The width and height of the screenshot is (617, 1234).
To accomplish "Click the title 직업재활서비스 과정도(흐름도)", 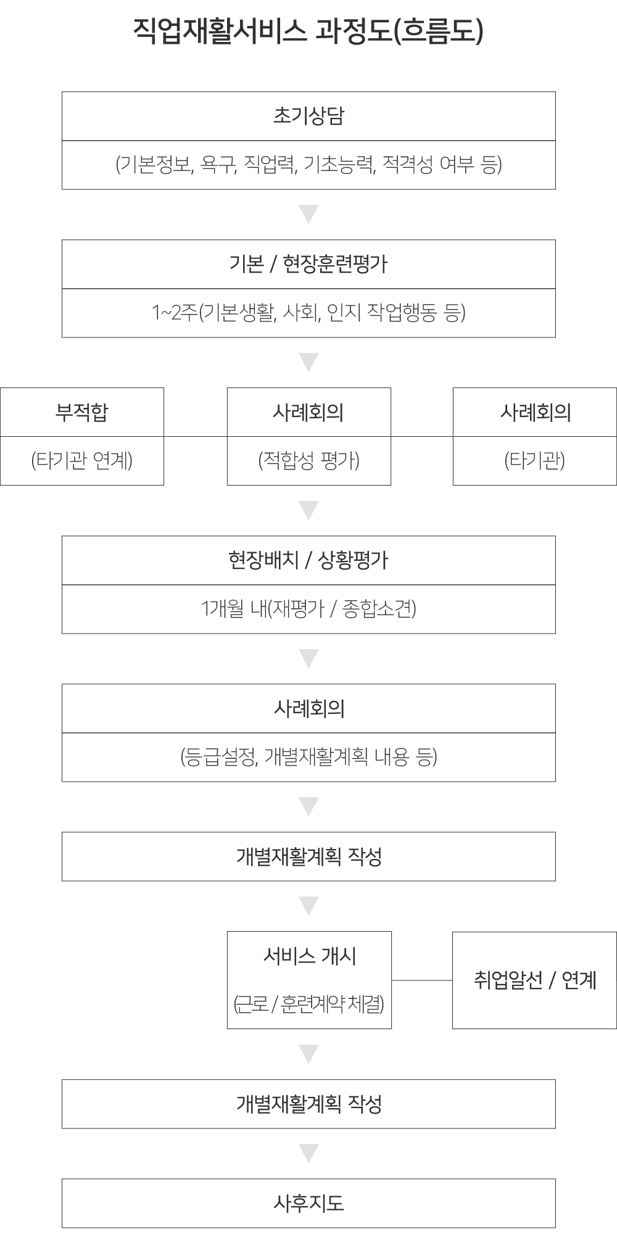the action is [x=308, y=31].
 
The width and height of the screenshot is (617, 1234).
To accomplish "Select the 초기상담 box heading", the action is [x=308, y=117].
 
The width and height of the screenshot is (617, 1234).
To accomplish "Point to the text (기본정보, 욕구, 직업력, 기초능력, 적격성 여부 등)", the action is [x=308, y=165].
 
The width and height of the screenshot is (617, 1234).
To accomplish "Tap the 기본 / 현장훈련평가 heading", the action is [x=308, y=264].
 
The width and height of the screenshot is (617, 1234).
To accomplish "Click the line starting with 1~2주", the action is [x=308, y=313].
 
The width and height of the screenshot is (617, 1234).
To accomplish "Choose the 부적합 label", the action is [x=82, y=412].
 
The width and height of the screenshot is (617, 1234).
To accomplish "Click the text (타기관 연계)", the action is [x=82, y=460].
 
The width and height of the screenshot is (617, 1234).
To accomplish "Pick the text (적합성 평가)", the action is [x=308, y=460].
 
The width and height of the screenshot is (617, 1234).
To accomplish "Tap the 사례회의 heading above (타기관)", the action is [x=535, y=412].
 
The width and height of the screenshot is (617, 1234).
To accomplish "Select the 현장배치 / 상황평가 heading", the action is [x=308, y=560].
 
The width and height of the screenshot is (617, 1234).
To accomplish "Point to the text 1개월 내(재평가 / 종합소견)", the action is [x=308, y=609].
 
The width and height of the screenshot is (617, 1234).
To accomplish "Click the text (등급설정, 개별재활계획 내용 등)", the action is [x=308, y=757].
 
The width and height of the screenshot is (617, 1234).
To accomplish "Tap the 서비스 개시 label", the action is [x=309, y=956].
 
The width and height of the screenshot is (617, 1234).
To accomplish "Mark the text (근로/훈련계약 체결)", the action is [x=309, y=1004].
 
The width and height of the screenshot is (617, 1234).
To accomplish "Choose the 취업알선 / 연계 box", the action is [x=534, y=980].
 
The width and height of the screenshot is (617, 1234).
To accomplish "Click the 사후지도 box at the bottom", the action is [x=308, y=1203].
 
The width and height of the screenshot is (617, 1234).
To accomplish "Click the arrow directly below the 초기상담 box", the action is [x=308, y=214].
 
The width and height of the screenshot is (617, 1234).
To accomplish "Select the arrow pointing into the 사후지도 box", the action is [x=308, y=1153].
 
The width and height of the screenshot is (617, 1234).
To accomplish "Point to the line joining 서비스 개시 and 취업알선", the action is [x=422, y=980].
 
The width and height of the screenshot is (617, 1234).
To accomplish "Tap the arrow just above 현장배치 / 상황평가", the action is [x=308, y=510].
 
